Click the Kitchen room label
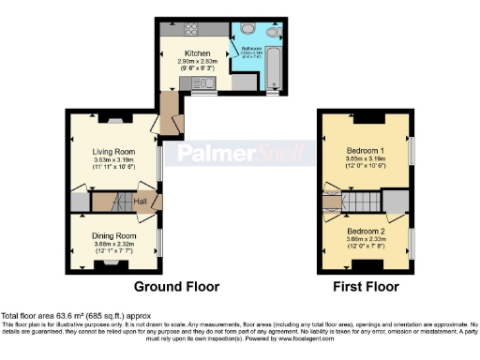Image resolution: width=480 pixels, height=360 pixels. (196, 53)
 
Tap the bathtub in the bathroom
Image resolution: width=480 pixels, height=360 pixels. (273, 67)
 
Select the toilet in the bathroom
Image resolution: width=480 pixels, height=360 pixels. (273, 32)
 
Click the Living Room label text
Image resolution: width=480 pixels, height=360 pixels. (112, 151)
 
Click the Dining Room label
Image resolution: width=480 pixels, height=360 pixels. (113, 235)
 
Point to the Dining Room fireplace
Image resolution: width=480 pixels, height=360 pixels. (112, 266)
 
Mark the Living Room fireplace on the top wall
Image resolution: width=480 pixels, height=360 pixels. (113, 119)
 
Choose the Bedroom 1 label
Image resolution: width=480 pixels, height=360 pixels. (365, 150)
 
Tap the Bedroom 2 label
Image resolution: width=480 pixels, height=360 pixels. (365, 230)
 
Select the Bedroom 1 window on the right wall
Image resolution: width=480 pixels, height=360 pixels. (411, 151)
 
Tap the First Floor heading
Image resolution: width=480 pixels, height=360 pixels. (366, 287)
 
